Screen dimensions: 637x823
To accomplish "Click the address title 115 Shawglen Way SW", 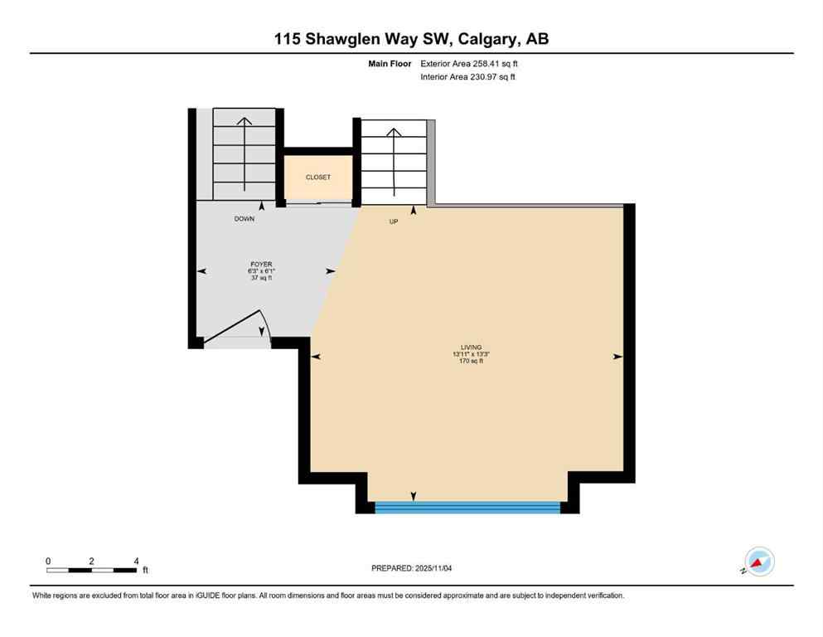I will (411, 38).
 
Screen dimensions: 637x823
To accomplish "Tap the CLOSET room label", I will (318, 177).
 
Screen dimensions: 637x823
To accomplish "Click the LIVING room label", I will (472, 347).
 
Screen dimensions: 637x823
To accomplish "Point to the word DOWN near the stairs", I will (244, 219).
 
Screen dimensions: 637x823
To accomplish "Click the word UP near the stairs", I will (394, 221).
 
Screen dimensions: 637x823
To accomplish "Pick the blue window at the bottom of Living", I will (467, 506).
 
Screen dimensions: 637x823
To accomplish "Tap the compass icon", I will (758, 562).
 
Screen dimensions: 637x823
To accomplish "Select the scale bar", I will (91, 570).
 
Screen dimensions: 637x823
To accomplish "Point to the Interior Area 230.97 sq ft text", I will (468, 77).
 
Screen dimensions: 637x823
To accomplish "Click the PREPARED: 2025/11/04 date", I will (411, 568).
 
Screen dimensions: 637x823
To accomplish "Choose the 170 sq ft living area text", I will (472, 361).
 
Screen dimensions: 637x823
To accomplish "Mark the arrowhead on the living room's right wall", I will (617, 357).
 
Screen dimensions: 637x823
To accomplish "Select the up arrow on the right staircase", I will (394, 133).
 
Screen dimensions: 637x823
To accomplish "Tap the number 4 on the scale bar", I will (135, 561).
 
